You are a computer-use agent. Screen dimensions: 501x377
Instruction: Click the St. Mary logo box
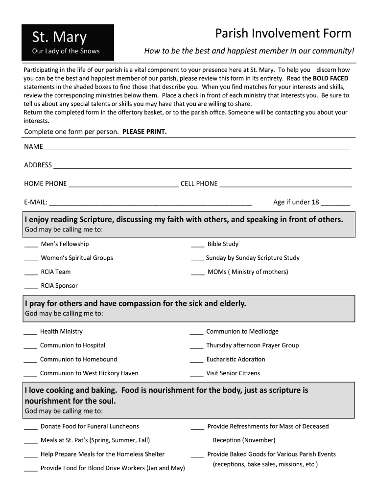point(68,42)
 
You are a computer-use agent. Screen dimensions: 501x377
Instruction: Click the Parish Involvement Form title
point(283,33)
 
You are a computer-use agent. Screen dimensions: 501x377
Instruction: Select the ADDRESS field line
point(202,166)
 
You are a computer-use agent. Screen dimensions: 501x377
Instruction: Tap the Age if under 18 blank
point(336,204)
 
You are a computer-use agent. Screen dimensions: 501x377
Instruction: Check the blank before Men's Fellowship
point(31,245)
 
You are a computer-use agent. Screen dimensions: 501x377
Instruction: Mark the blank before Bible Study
point(198,245)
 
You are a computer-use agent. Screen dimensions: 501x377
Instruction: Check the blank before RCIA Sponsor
point(31,287)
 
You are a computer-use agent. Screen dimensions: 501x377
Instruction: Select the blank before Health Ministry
point(30,333)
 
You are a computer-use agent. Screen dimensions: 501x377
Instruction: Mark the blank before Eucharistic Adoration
point(196,361)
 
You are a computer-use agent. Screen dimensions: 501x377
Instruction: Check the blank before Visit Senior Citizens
point(196,375)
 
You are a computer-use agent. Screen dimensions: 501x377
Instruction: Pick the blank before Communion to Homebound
point(30,361)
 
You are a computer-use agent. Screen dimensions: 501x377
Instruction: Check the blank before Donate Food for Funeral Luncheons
point(31,428)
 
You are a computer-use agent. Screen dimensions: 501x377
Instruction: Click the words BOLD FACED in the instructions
point(330,78)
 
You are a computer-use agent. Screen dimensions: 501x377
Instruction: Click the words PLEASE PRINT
point(144,132)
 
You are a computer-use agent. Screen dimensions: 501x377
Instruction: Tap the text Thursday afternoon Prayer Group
point(252,345)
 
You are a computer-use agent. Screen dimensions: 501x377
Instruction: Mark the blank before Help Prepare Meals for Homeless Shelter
point(31,455)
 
